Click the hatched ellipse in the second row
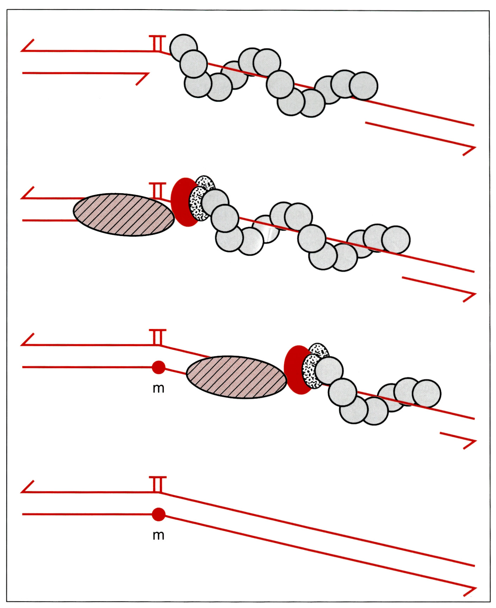tap(124, 215)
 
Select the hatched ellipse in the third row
tap(236, 377)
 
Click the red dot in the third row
tap(159, 367)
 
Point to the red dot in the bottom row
tap(159, 515)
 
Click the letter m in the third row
tap(159, 388)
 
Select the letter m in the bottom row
tap(159, 535)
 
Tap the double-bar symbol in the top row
tap(157, 43)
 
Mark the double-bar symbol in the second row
tap(157, 190)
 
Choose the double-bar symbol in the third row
tap(157, 337)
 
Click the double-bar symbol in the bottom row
tap(157, 484)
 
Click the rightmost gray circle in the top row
tap(364, 86)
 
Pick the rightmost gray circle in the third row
tap(427, 394)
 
